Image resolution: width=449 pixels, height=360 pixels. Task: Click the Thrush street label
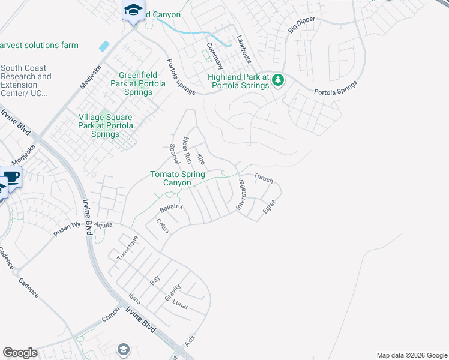[264, 178]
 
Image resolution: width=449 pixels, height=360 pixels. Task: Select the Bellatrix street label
[170, 208]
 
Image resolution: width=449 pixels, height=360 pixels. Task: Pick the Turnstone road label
[127, 247]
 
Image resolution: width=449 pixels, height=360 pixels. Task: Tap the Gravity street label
[172, 292]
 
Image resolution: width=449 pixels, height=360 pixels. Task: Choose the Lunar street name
[180, 306]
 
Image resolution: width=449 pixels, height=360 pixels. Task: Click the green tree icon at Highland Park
[277, 79]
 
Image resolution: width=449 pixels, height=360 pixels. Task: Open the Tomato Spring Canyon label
[177, 178]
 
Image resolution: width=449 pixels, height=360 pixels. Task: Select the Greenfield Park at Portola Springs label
[138, 79]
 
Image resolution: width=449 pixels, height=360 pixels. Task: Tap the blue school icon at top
[133, 10]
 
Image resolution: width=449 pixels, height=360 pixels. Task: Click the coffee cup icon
[11, 176]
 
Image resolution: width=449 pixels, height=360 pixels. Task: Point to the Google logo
[20, 353]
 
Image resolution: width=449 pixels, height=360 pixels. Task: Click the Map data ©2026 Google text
[411, 355]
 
